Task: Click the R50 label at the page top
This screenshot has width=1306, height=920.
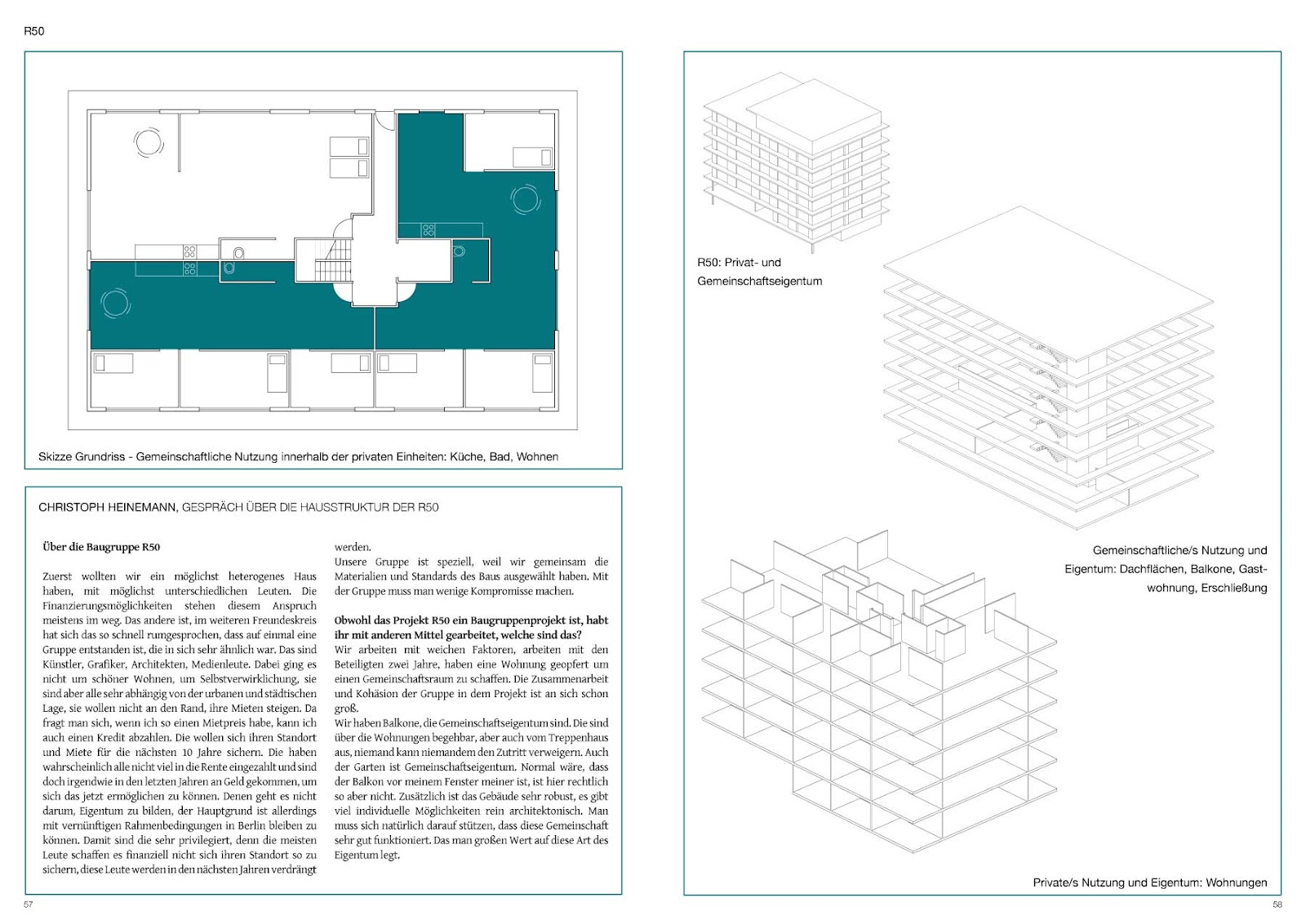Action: (33, 31)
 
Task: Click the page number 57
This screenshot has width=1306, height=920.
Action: (29, 904)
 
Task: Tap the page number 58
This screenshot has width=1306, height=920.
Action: (1277, 904)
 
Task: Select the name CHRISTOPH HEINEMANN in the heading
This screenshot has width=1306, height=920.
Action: (107, 507)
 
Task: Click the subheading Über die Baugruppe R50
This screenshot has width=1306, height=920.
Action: (101, 547)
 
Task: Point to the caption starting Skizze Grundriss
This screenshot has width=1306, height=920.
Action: (298, 456)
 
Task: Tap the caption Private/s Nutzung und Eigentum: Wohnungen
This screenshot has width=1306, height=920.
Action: (1149, 882)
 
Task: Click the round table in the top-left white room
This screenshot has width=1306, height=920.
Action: (149, 142)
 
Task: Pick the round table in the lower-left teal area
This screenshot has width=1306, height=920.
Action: (115, 303)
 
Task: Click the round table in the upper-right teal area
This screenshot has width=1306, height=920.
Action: (525, 198)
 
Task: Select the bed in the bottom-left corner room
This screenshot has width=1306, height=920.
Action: (113, 362)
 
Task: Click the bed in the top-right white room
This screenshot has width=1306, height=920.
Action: (532, 157)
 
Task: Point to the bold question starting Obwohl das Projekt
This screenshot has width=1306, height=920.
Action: (471, 628)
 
